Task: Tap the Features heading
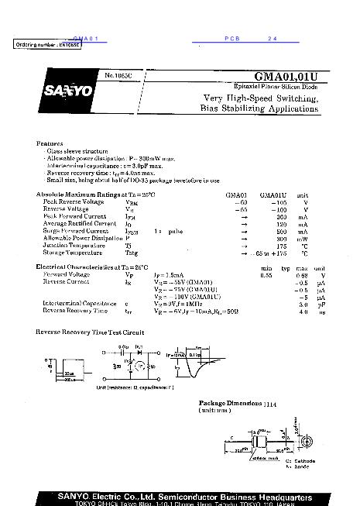point(50,144)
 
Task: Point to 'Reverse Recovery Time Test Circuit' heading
point(90,332)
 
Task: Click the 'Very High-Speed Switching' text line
point(260,98)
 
